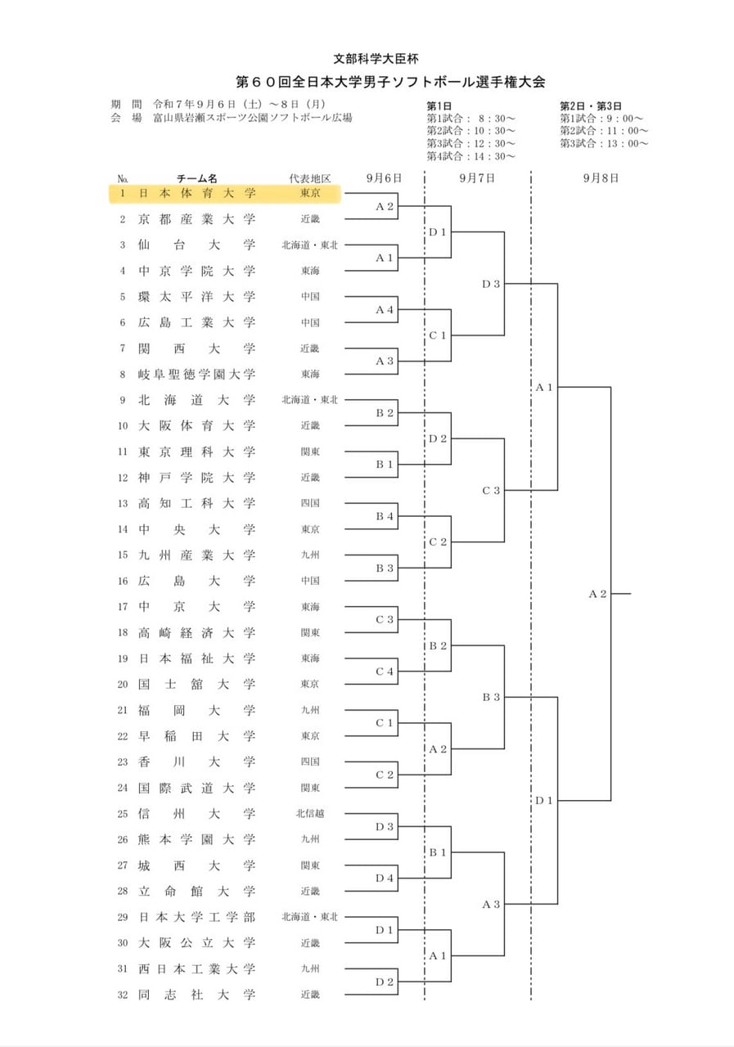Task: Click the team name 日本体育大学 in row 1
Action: click(197, 193)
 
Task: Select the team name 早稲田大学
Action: click(197, 736)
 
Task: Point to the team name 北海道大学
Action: click(197, 400)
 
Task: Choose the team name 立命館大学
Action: click(197, 892)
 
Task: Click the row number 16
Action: click(123, 581)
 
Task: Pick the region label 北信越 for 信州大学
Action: click(310, 814)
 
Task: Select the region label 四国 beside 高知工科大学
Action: click(310, 503)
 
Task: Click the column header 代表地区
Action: click(310, 178)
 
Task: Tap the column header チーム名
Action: click(197, 178)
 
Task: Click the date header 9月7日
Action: click(477, 177)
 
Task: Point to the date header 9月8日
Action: click(601, 177)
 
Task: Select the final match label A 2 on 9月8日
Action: click(597, 594)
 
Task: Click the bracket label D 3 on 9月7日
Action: click(491, 284)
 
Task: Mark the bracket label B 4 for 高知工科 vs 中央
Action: click(385, 516)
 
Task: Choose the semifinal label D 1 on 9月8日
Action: click(543, 801)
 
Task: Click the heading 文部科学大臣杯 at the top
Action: click(376, 58)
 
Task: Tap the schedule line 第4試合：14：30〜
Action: click(471, 156)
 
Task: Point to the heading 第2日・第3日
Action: click(591, 106)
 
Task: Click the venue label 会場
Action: click(126, 117)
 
